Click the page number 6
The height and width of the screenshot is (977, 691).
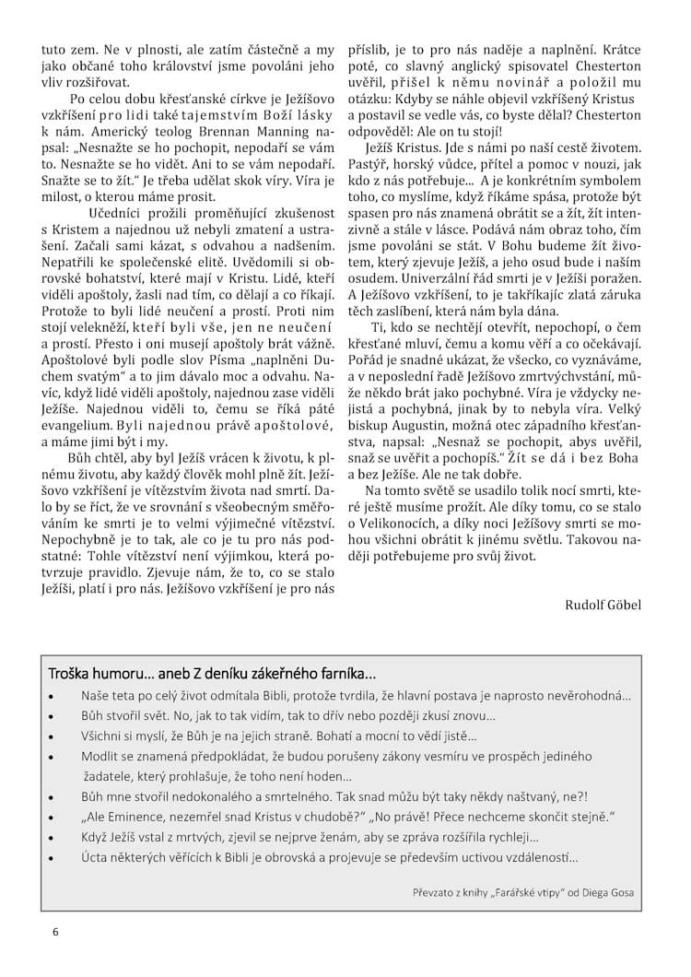click(55, 933)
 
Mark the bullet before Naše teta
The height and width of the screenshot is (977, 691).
click(53, 696)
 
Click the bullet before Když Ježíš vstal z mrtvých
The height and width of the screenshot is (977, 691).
click(53, 837)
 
